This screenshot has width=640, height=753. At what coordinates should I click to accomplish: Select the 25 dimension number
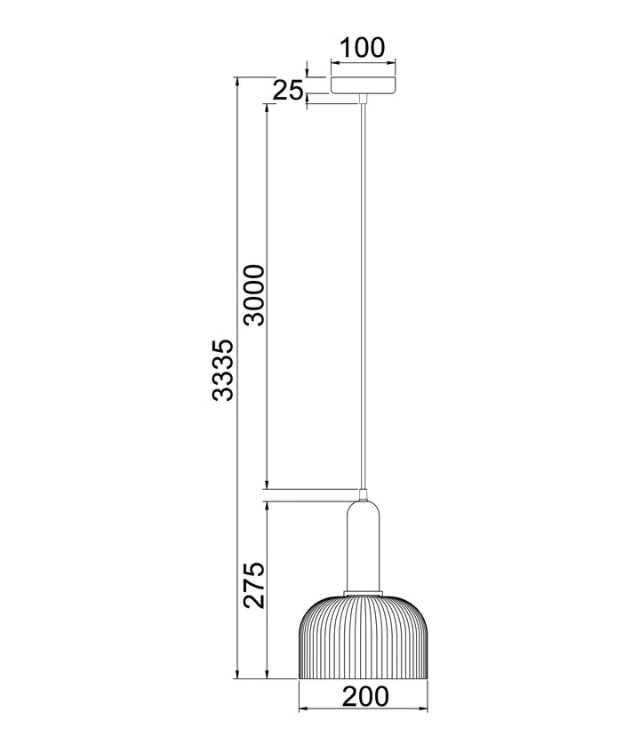287,90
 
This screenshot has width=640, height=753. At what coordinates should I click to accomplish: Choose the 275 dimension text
254,584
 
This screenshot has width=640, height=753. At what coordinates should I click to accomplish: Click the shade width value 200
363,696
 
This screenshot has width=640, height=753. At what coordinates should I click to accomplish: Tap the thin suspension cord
363,293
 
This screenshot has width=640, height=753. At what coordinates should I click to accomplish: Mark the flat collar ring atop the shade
363,590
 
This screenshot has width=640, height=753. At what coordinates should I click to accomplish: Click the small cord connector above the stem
363,493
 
